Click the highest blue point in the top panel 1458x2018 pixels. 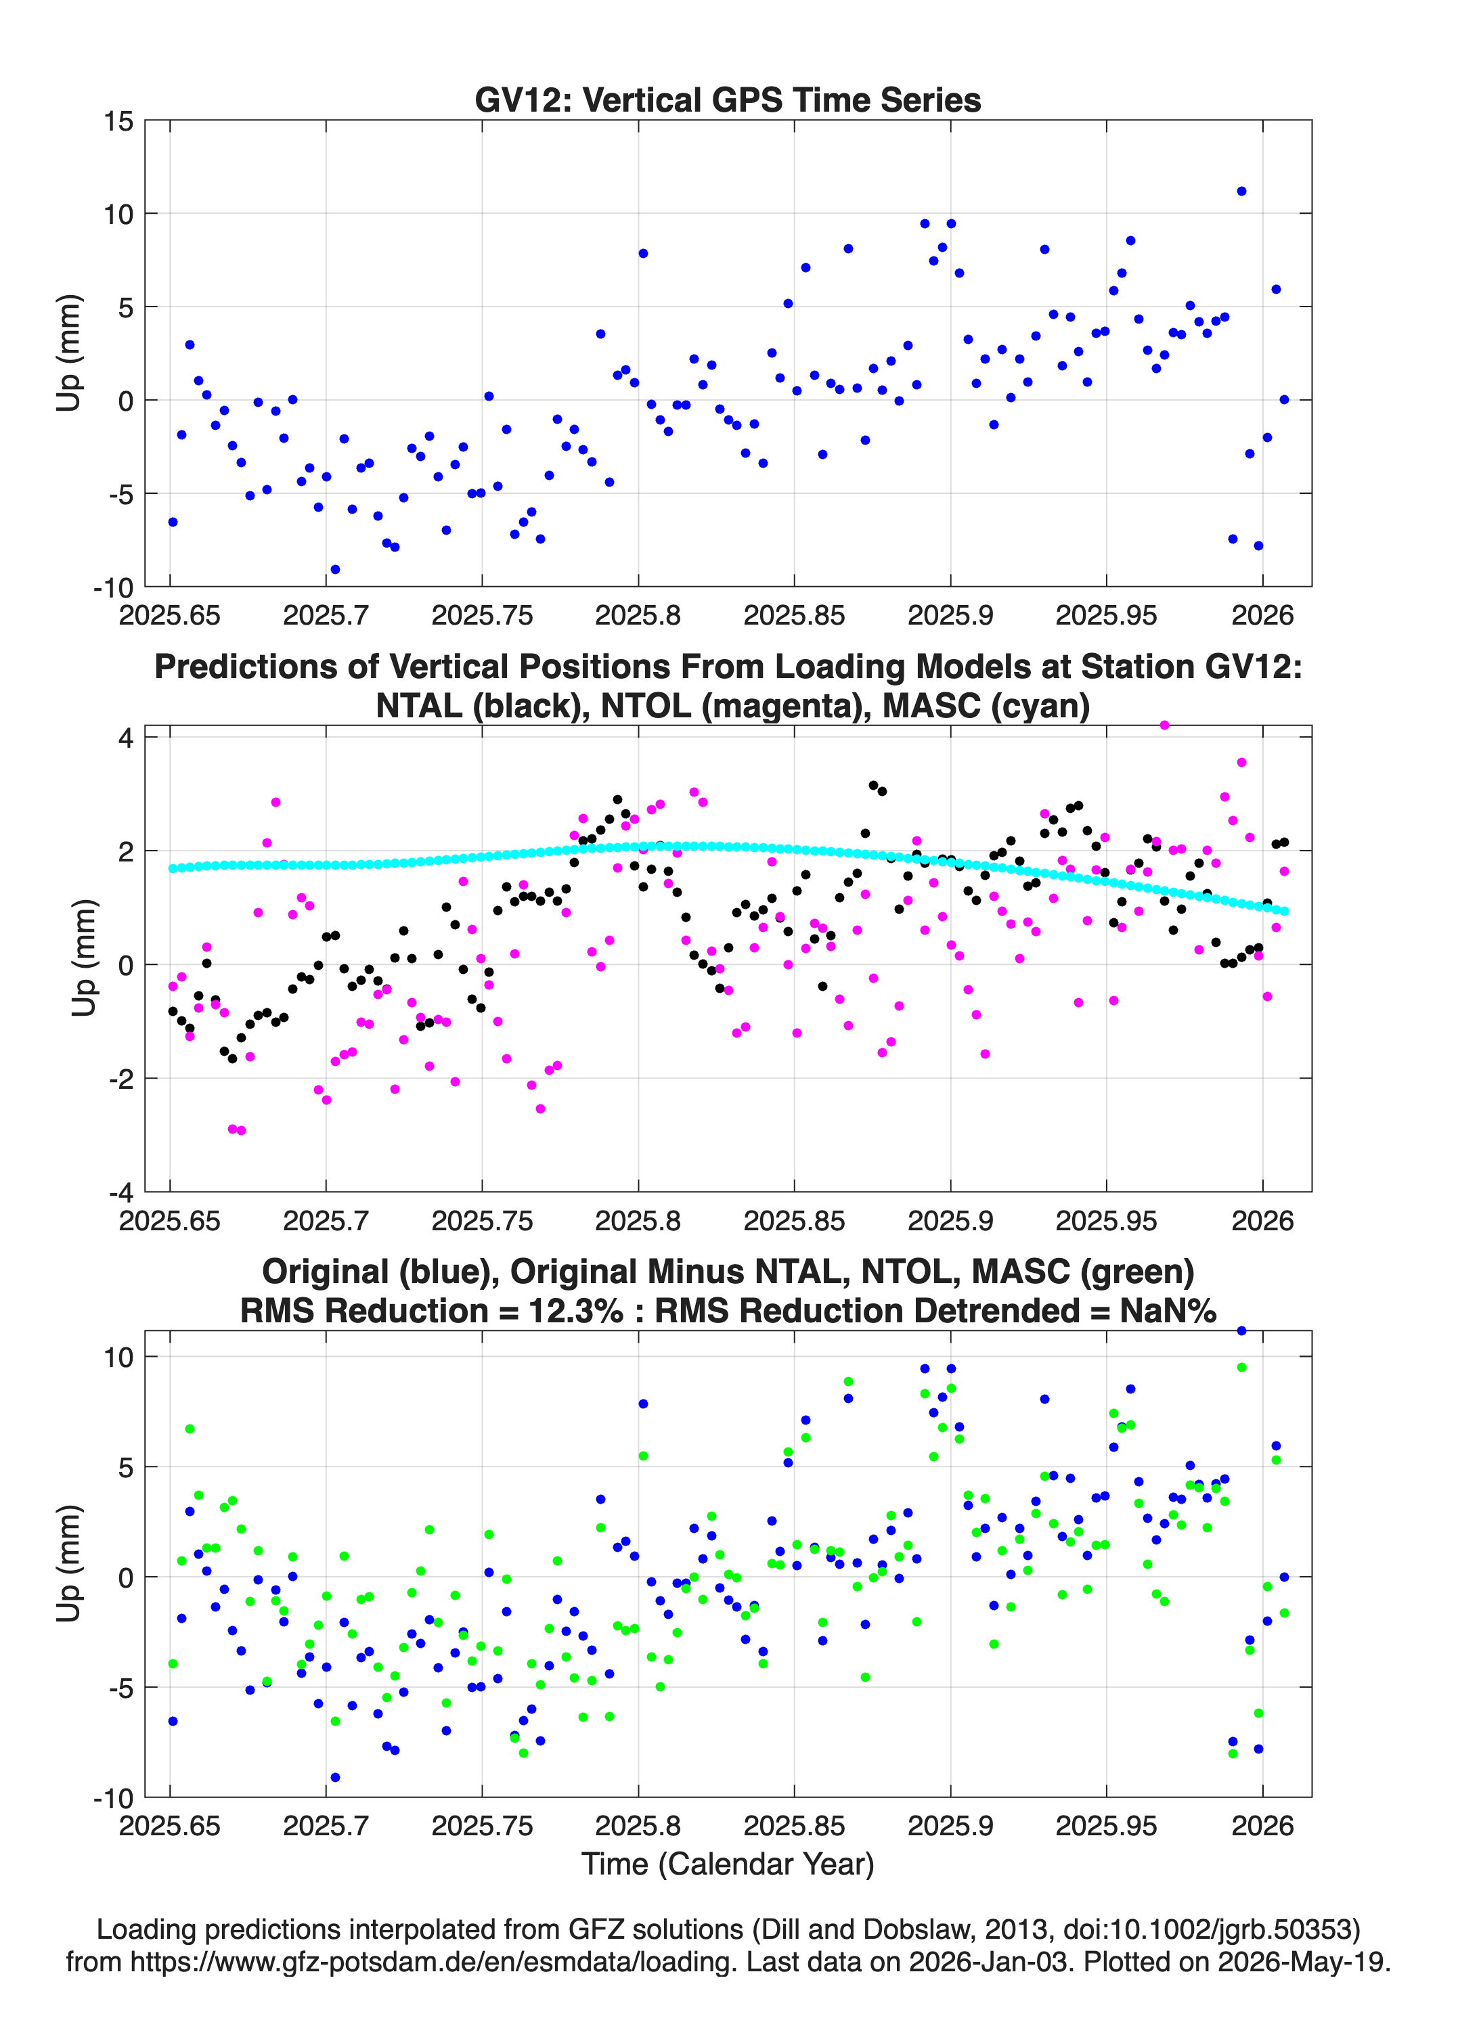(x=1241, y=192)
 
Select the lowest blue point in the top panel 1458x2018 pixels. (x=334, y=569)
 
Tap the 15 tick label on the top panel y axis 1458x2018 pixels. (x=118, y=121)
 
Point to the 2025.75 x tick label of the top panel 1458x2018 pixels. (x=481, y=615)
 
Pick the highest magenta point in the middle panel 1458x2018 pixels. (x=1164, y=725)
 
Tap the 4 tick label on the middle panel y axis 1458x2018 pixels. (x=125, y=738)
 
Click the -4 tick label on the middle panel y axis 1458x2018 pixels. (x=120, y=1192)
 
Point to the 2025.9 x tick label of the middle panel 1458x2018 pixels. (x=950, y=1220)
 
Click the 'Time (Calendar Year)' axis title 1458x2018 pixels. (x=728, y=1864)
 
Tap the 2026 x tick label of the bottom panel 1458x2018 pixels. (x=1262, y=1826)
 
